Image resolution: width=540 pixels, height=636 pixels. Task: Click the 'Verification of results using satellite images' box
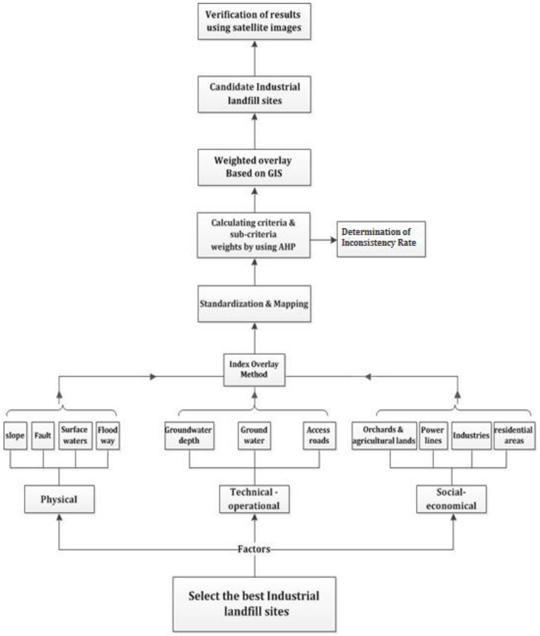coord(254,21)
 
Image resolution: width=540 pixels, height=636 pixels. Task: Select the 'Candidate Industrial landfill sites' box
coord(254,94)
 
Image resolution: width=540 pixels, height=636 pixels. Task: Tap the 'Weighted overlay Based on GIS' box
coord(254,167)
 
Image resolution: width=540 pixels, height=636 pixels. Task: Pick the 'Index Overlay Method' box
coord(254,370)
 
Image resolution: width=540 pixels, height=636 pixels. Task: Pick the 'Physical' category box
coord(59,499)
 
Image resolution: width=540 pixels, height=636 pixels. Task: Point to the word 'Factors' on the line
coord(254,549)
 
